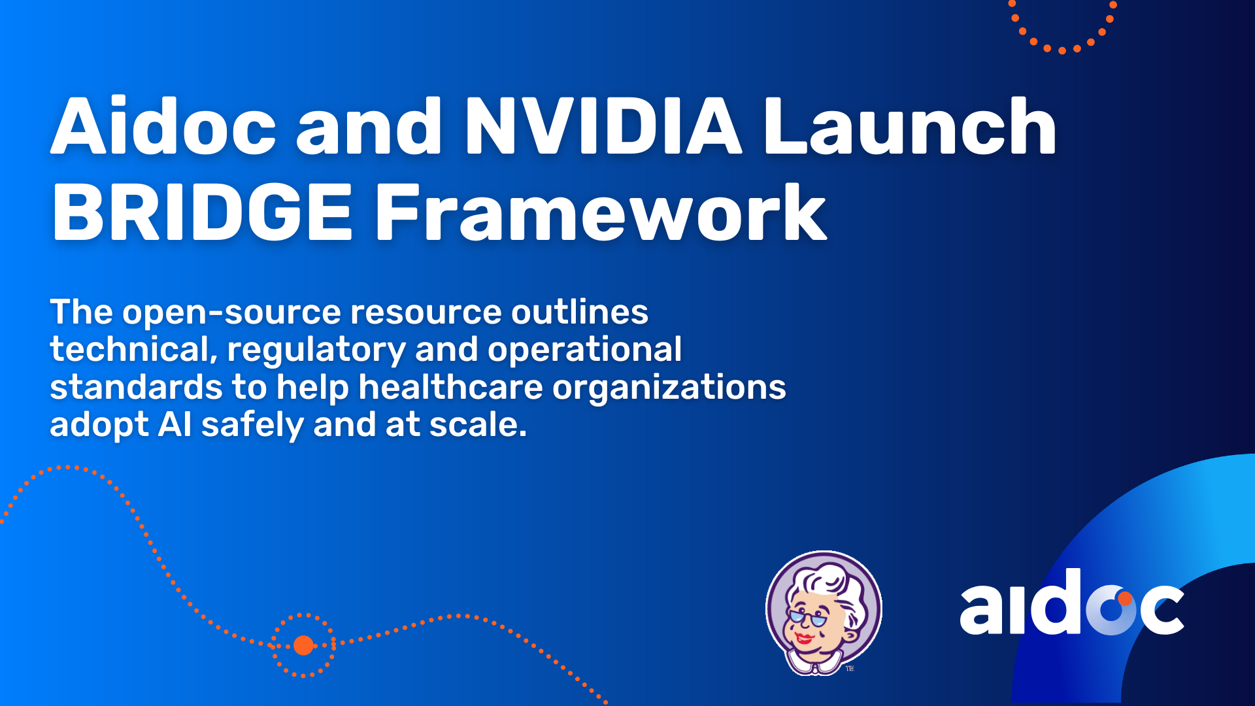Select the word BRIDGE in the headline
tap(203, 212)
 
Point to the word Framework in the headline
tap(601, 212)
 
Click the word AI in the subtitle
tap(175, 425)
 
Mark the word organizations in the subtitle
tap(669, 388)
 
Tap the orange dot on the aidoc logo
tap(1125, 598)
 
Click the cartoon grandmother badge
tap(824, 613)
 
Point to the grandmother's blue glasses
tap(808, 616)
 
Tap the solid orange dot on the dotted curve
tap(303, 645)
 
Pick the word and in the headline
tap(369, 126)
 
